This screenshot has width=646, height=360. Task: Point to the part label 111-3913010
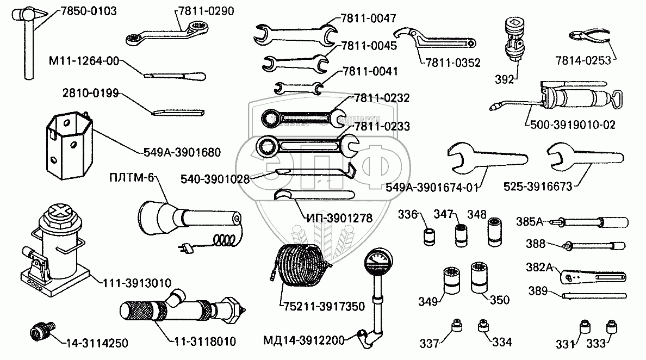135,283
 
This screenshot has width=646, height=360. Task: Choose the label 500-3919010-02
570,125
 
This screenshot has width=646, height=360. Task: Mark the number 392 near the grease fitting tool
505,80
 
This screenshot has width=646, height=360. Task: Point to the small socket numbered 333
611,328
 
